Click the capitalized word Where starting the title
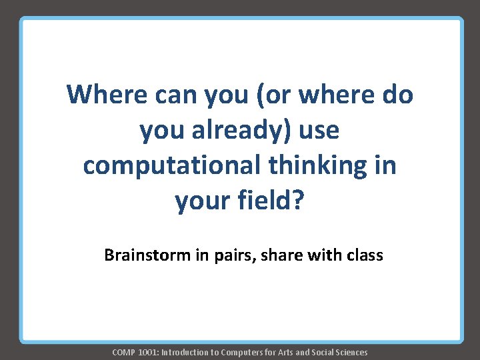coord(107,95)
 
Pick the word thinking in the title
coord(319,165)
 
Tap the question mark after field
coord(297,200)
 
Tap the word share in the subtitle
coord(275,255)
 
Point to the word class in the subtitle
coord(363,255)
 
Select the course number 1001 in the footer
coord(149,352)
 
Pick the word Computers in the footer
coord(242,352)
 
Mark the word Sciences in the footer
coord(351,352)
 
